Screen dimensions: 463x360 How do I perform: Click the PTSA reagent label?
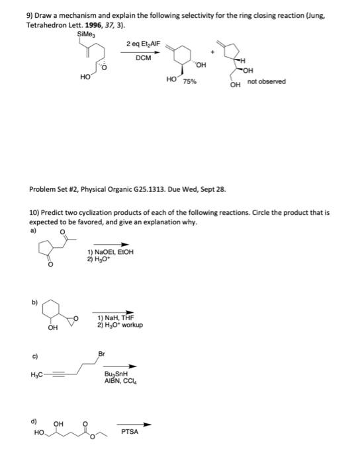click(130, 433)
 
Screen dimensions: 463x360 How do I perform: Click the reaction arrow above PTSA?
click(136, 425)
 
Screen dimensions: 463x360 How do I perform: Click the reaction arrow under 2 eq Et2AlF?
click(143, 51)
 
